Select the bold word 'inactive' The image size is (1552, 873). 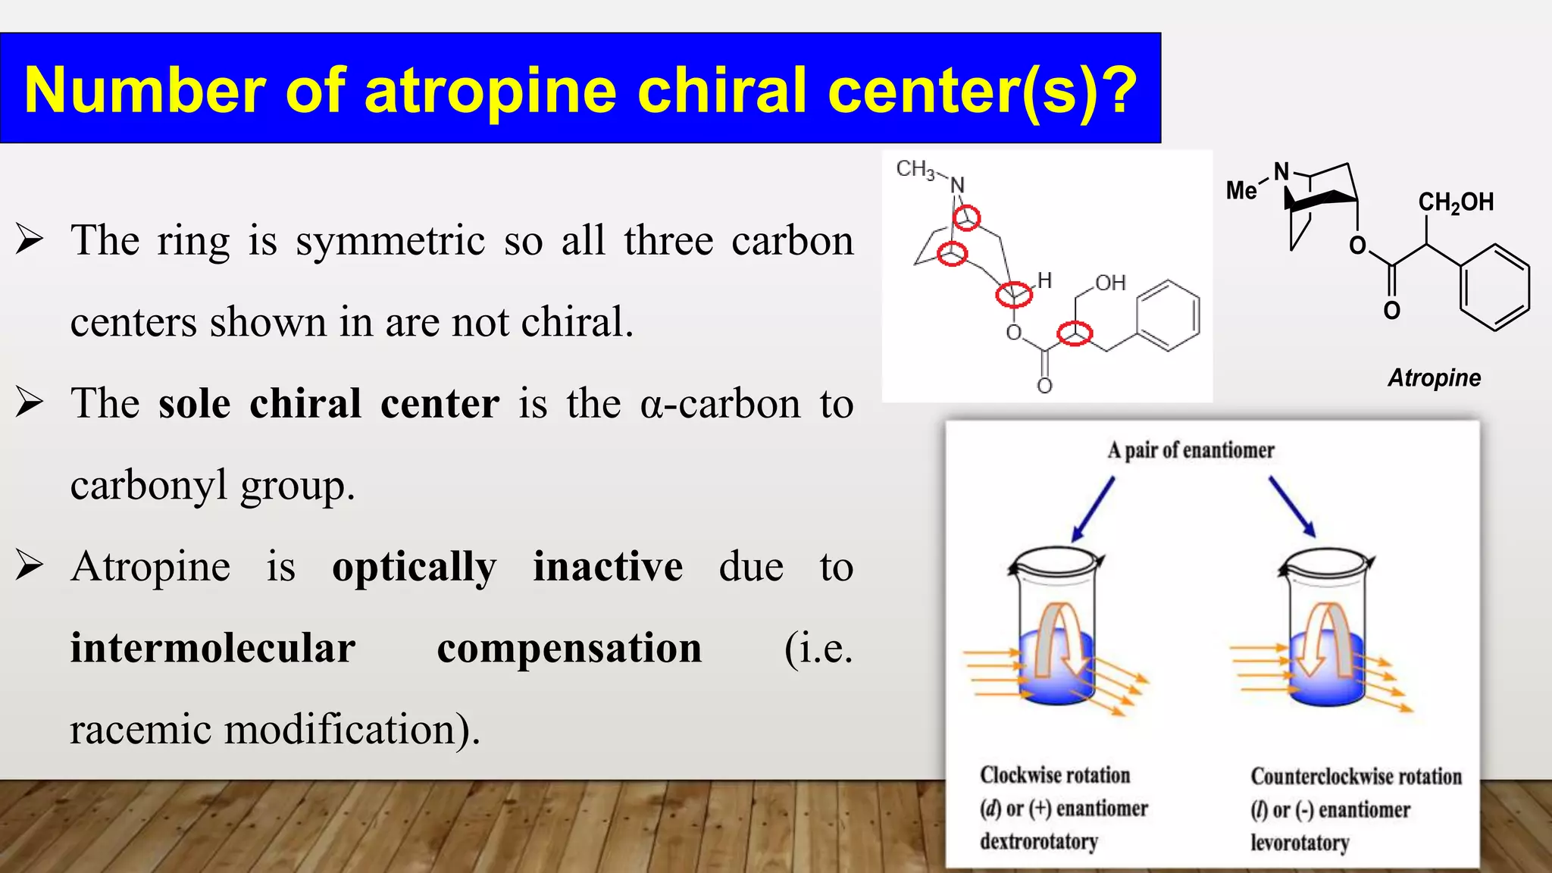coord(607,566)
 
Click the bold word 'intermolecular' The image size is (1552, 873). coord(212,648)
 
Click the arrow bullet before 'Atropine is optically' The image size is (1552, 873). coord(30,565)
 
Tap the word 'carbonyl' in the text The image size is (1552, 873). coord(149,485)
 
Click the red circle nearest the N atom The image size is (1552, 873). coord(966,218)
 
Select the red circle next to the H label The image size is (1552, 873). coord(1014,294)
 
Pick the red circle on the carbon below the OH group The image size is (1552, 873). coord(1075,333)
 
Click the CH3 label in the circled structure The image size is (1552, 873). coord(915,168)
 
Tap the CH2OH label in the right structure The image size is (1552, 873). coord(1456,202)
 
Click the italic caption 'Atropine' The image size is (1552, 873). coord(1434,378)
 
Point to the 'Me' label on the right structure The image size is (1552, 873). coord(1241,190)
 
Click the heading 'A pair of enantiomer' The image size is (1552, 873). coord(1191,450)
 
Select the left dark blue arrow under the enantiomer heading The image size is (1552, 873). coord(1094,508)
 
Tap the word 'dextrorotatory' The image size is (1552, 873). coord(1038,841)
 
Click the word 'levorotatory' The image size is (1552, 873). coord(1299,843)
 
